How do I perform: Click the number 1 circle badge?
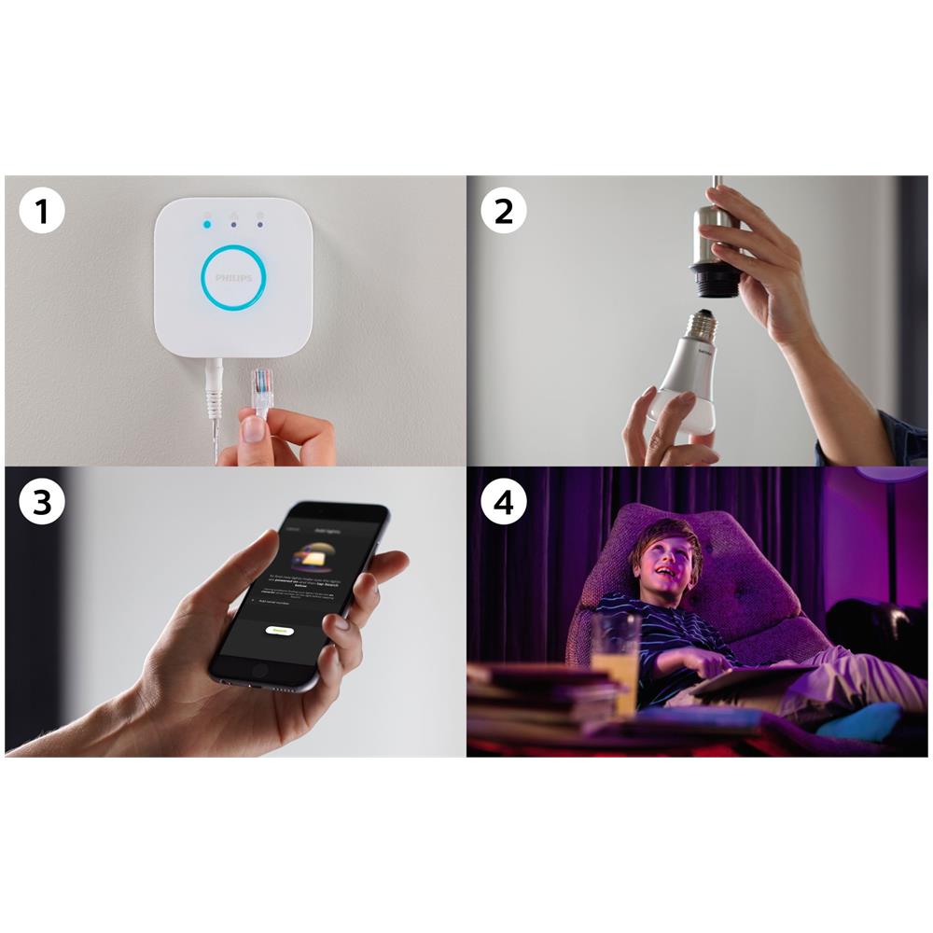42,212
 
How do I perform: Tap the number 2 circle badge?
504,212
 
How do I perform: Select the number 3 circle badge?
42,502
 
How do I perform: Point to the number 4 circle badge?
504,502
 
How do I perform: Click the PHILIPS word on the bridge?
233,278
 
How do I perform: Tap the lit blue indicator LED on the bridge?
206,224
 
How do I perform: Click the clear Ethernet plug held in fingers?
263,390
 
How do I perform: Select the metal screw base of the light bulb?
703,326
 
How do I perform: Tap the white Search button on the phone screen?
279,631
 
